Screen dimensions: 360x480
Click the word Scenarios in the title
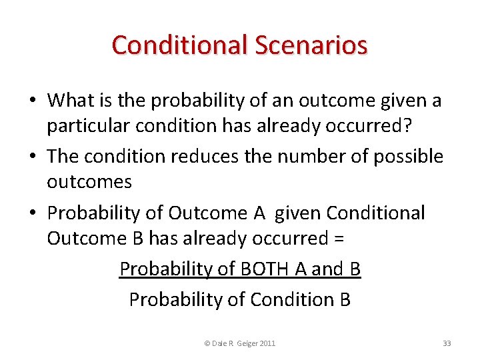point(310,45)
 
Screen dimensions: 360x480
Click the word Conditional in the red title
point(179,45)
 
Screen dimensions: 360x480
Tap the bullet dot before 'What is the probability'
point(33,101)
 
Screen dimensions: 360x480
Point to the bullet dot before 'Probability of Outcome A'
point(33,213)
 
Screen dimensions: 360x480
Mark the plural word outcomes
point(89,181)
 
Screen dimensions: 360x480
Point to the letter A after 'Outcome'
point(259,213)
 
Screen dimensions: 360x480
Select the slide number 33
point(447,343)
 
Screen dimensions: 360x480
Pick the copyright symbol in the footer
point(207,343)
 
